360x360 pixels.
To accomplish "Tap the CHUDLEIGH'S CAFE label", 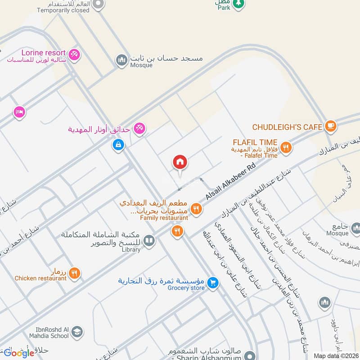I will pyautogui.click(x=287, y=127).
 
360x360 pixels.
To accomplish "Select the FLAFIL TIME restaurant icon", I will pyautogui.click(x=285, y=147).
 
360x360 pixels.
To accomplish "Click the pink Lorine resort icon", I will pyautogui.click(x=75, y=54).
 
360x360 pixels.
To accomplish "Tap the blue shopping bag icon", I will pyautogui.click(x=118, y=145).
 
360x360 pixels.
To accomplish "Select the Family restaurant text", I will pyautogui.click(x=164, y=218).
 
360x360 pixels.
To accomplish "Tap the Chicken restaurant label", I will pyautogui.click(x=40, y=278).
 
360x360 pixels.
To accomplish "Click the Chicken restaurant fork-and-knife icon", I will pyautogui.click(x=75, y=272).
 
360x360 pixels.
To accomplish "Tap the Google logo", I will pyautogui.click(x=19, y=352).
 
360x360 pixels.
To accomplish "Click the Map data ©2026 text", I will pyautogui.click(x=335, y=356).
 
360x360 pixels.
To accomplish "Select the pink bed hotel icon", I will pyautogui.click(x=19, y=111).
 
